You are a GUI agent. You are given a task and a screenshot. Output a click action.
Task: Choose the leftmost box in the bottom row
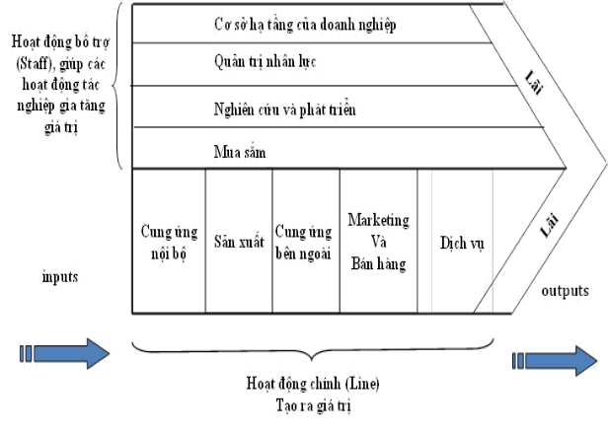[x=168, y=242]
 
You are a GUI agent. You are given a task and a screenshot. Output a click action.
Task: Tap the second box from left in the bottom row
[x=239, y=242]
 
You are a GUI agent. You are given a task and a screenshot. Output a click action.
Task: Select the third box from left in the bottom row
[x=306, y=242]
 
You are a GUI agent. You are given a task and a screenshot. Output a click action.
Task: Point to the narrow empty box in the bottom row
[x=424, y=242]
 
